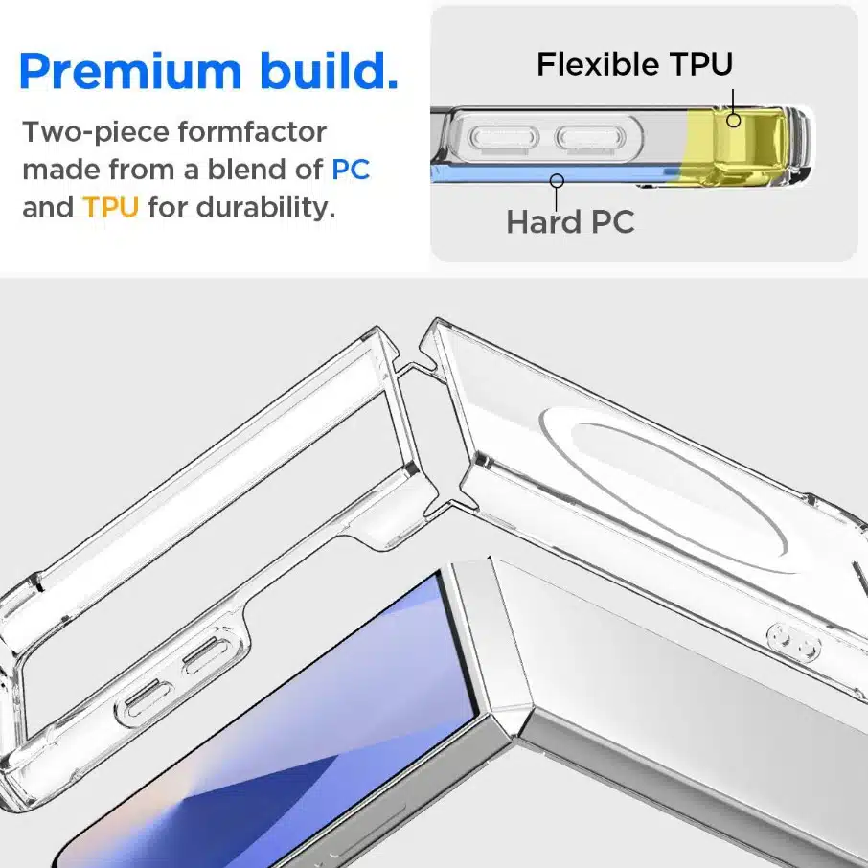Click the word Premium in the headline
(130, 71)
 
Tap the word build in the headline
(330, 70)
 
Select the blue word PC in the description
(351, 170)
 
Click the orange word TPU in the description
(110, 208)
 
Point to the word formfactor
(252, 132)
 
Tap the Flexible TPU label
(634, 63)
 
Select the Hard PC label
(570, 222)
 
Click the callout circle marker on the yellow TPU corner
(734, 120)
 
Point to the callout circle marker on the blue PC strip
(557, 180)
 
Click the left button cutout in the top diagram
(503, 137)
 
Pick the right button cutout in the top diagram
(591, 137)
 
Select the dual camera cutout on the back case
(793, 642)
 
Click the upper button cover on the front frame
(207, 655)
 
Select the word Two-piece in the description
(96, 133)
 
